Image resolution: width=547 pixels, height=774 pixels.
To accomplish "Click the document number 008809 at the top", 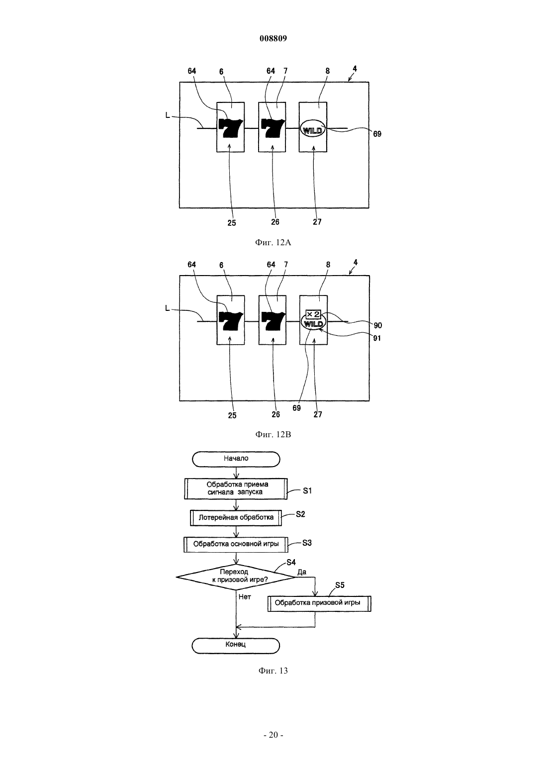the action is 273,38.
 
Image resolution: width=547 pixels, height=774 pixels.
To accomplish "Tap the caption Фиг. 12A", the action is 273,243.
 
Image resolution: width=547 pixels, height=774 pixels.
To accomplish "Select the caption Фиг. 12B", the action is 273,434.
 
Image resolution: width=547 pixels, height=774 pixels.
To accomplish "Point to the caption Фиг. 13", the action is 273,671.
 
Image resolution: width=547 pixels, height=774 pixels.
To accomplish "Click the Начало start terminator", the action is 236,459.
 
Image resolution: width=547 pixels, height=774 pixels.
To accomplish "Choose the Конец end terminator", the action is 236,646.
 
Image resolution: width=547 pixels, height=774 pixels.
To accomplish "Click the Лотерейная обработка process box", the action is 236,518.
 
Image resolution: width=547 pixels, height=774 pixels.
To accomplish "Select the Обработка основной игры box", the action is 236,544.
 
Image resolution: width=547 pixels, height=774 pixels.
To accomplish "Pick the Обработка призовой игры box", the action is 319,603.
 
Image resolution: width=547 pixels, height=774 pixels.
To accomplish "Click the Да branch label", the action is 302,572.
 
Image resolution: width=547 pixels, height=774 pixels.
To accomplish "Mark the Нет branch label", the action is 245,597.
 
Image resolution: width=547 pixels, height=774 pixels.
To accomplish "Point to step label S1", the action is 307,490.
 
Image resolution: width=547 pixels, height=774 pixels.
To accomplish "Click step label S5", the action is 340,585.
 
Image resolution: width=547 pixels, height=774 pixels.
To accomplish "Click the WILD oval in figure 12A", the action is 313,129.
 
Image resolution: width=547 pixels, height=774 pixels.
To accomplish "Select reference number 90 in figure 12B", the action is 377,325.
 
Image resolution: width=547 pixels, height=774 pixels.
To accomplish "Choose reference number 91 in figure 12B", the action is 377,338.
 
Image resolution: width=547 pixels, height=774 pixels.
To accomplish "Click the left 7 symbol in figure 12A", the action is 231,127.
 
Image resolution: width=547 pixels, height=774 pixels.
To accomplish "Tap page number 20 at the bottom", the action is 273,735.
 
